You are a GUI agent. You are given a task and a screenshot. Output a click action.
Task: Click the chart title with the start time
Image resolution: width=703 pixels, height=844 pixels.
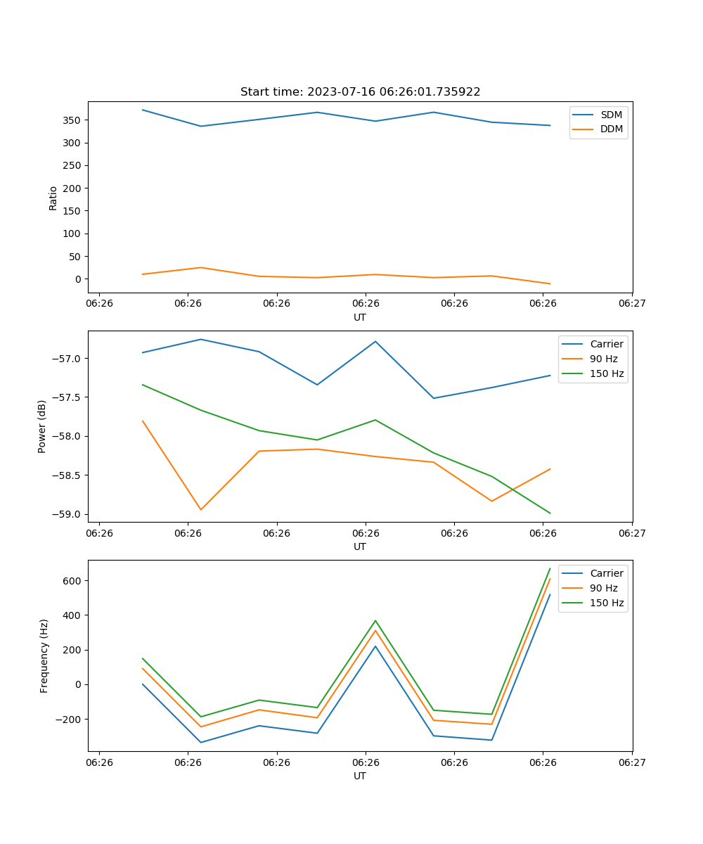360,92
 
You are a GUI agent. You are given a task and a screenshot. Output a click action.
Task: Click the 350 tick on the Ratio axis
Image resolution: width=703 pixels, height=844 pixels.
73,120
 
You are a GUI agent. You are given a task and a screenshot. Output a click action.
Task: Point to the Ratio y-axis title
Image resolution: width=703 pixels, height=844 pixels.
53,198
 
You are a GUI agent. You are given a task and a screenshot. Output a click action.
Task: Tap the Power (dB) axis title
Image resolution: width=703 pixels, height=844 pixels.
42,426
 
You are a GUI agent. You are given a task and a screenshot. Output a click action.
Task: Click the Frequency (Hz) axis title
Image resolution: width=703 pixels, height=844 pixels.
44,656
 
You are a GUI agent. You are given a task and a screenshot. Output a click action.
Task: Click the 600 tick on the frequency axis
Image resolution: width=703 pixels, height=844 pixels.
74,581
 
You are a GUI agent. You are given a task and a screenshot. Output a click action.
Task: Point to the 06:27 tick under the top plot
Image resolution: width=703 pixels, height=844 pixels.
632,304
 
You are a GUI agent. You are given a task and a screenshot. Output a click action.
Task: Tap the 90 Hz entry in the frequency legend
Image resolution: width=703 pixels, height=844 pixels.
603,588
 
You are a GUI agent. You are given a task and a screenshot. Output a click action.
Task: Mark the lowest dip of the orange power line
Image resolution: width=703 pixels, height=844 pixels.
201,510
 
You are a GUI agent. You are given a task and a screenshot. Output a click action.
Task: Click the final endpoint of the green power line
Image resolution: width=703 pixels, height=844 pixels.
550,513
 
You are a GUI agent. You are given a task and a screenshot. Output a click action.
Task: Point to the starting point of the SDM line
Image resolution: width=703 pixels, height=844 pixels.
143,110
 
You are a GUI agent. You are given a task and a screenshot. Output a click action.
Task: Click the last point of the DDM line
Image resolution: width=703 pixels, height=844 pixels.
550,284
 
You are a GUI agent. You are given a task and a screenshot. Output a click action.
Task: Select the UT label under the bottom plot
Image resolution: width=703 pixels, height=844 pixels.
360,776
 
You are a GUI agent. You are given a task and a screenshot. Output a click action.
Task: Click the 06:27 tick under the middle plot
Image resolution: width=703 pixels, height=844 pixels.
632,533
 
